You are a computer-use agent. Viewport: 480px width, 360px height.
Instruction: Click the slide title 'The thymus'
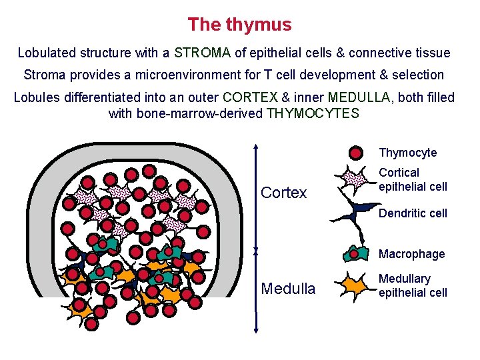pyautogui.click(x=239, y=25)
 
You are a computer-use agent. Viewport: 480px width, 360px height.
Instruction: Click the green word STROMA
pyautogui.click(x=203, y=53)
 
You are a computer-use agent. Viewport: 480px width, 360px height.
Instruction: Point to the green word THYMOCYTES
pyautogui.click(x=313, y=113)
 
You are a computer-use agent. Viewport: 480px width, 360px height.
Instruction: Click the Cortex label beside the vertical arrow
pyautogui.click(x=284, y=193)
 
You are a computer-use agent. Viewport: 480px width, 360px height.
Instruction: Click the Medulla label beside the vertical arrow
pyautogui.click(x=288, y=289)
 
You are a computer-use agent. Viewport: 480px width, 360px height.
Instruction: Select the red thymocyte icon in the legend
pyautogui.click(x=357, y=153)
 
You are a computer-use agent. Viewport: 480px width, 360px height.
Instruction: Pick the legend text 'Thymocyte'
pyautogui.click(x=408, y=153)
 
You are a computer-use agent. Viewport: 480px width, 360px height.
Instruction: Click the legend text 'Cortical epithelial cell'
pyautogui.click(x=413, y=179)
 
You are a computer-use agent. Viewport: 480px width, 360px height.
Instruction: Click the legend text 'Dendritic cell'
pyautogui.click(x=413, y=214)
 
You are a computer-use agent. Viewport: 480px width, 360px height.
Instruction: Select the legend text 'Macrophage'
pyautogui.click(x=411, y=254)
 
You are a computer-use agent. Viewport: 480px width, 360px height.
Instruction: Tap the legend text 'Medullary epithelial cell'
pyautogui.click(x=413, y=285)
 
